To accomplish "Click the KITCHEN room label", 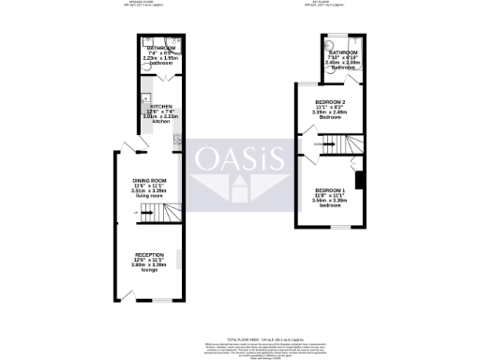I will [161, 107].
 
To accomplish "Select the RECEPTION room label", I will [148, 255].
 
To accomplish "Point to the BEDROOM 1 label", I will [329, 190].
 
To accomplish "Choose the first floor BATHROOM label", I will [344, 52].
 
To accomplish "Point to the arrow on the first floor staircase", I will [322, 142].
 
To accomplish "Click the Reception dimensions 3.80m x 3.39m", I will [148, 265].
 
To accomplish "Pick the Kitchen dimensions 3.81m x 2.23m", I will [161, 117].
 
